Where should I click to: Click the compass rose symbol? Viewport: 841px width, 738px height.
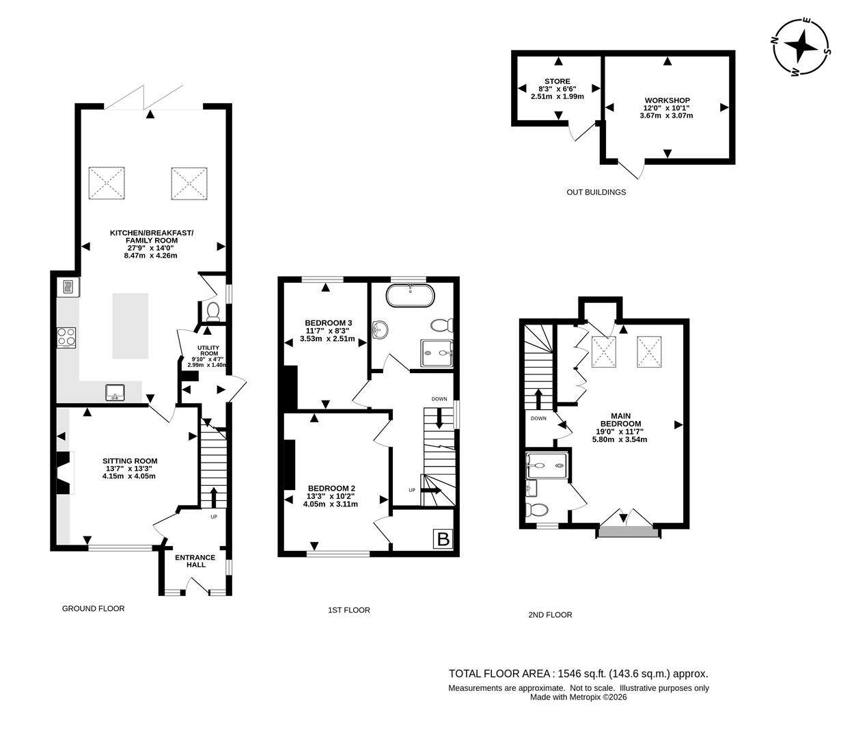[801, 47]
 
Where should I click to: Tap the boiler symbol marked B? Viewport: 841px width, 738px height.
[443, 539]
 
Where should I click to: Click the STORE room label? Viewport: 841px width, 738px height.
[557, 81]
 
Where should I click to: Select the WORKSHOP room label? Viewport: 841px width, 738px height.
[666, 100]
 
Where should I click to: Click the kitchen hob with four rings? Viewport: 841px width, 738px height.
[66, 337]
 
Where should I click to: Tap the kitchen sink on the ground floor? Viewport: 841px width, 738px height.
[115, 392]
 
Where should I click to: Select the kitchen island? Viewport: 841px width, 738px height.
[130, 325]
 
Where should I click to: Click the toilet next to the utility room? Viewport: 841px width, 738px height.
[212, 312]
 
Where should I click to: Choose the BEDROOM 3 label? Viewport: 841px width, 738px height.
[328, 323]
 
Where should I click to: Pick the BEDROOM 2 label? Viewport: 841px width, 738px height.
[331, 488]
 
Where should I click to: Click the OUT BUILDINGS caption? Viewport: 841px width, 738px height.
[596, 193]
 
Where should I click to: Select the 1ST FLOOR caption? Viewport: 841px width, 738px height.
[348, 610]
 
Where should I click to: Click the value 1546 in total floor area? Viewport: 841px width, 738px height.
[569, 674]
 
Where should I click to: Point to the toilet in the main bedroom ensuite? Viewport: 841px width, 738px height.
[537, 510]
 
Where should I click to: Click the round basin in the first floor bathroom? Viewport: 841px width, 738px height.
[380, 331]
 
